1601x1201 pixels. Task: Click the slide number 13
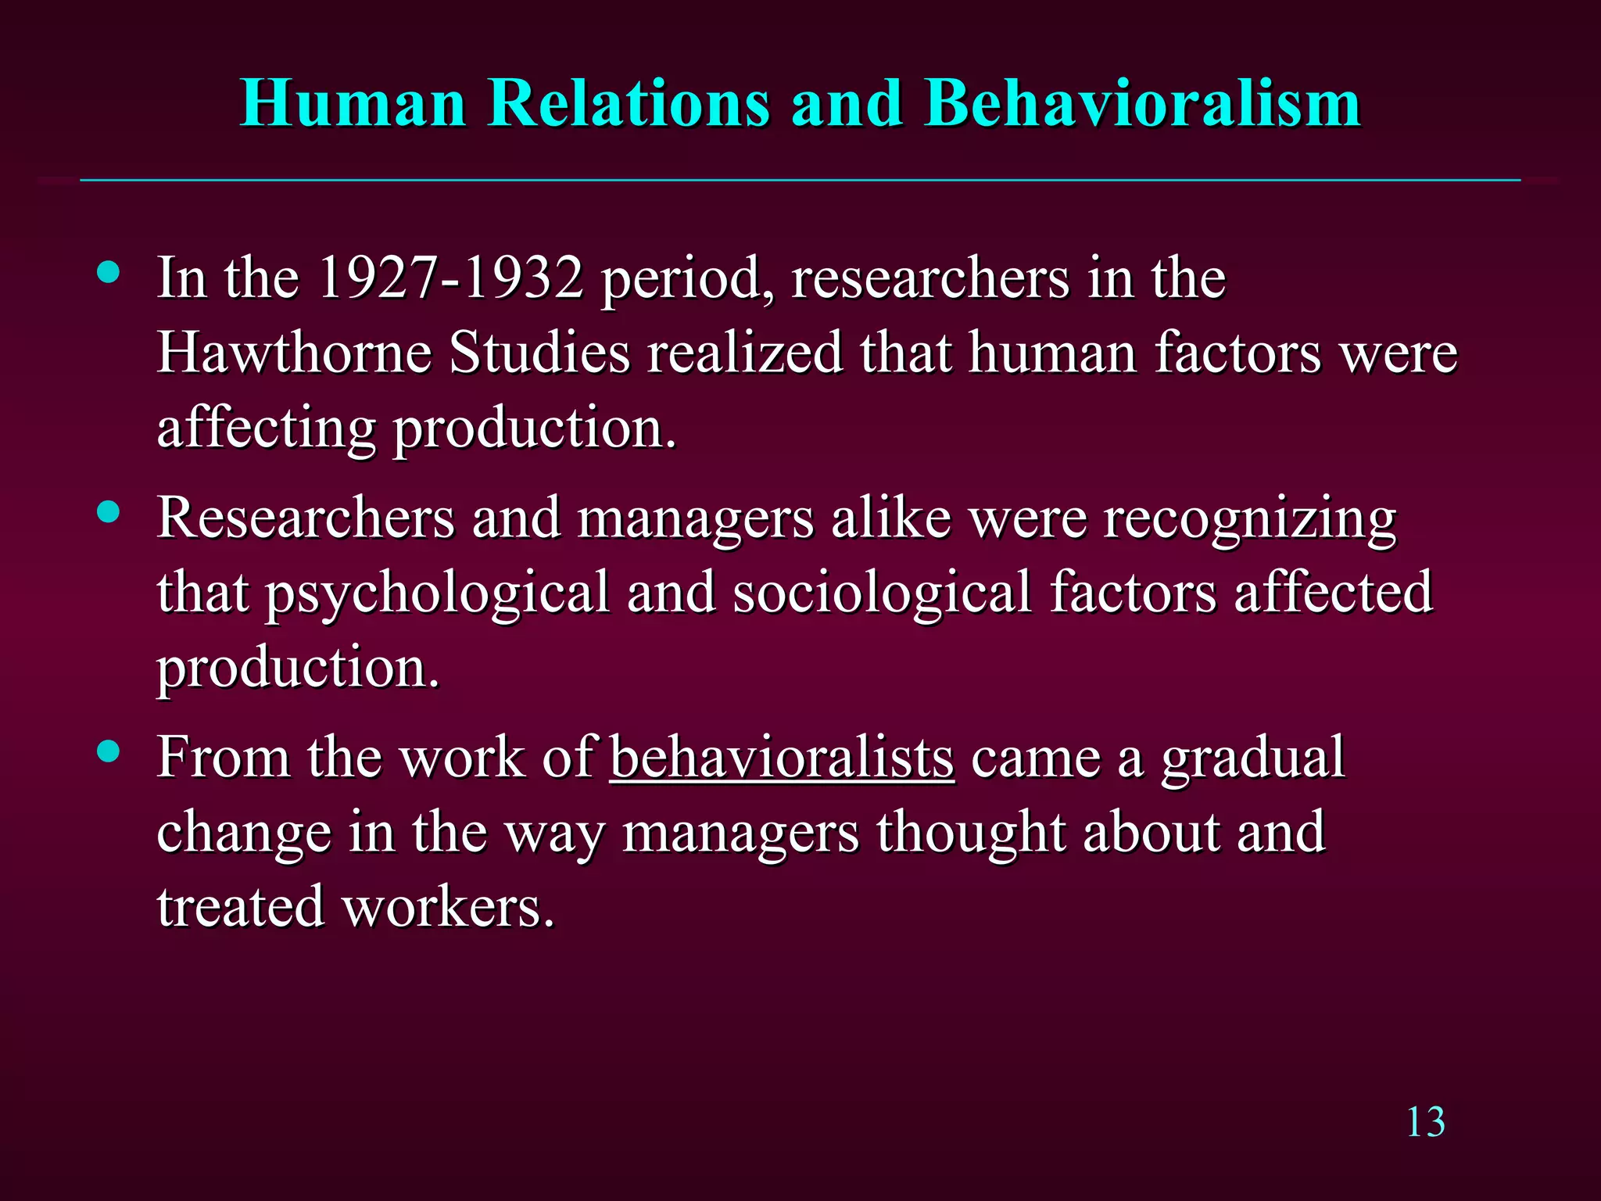tap(1425, 1123)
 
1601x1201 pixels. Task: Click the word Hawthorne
tap(294, 353)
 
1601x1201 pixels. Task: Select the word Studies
tap(539, 353)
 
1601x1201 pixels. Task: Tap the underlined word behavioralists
tap(782, 757)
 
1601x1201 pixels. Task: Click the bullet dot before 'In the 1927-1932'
tap(109, 273)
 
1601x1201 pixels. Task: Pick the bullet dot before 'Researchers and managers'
tap(109, 513)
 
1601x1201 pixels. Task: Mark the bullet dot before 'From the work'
tap(109, 752)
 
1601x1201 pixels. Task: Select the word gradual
tap(1252, 758)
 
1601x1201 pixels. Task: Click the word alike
tap(891, 518)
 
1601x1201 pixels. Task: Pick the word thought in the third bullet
tap(970, 834)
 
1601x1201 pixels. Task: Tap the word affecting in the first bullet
tap(267, 429)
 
